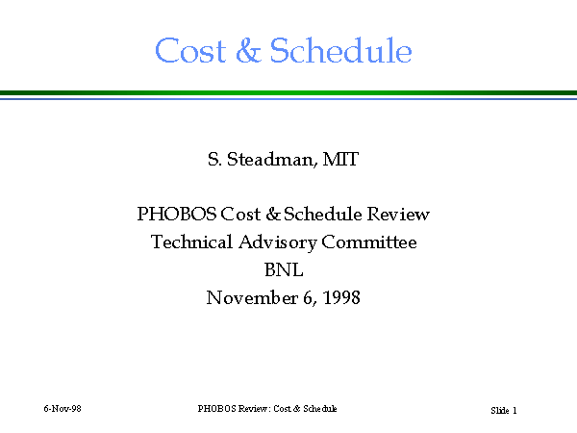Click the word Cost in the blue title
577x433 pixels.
[x=190, y=50]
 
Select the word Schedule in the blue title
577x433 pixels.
[x=340, y=50]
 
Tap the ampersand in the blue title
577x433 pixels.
[x=248, y=50]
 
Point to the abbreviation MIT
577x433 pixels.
[x=340, y=159]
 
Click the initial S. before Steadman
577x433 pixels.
[x=214, y=159]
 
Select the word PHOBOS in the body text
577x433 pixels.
[x=177, y=214]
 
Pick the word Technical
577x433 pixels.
[x=191, y=242]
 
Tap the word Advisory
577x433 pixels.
[x=278, y=242]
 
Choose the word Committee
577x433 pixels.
[x=369, y=242]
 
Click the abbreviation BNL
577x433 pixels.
[x=284, y=269]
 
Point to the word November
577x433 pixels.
[x=252, y=297]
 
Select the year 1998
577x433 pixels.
[x=341, y=297]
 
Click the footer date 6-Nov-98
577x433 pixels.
[x=63, y=409]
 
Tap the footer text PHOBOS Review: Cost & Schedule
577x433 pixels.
[x=267, y=409]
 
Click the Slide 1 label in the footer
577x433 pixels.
[x=504, y=410]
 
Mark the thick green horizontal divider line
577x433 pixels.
[x=288, y=92]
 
